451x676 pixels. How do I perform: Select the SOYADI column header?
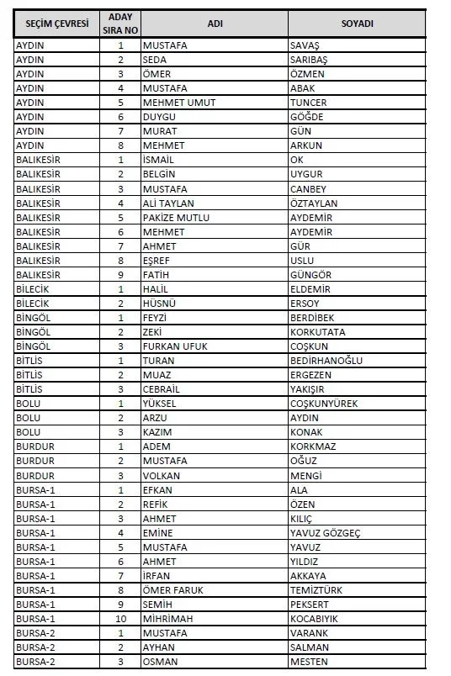click(x=357, y=24)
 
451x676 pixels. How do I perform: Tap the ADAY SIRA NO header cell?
click(x=120, y=24)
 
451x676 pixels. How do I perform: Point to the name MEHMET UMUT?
click(x=178, y=103)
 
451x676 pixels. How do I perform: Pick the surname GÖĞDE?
click(x=305, y=117)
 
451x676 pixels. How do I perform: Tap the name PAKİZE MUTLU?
click(x=176, y=218)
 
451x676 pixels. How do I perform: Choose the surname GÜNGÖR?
click(x=310, y=275)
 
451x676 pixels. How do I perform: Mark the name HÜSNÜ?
click(x=160, y=304)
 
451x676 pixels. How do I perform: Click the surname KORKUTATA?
click(x=316, y=332)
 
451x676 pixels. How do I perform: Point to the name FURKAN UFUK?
click(x=175, y=346)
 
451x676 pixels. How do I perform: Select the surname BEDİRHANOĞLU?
click(x=326, y=361)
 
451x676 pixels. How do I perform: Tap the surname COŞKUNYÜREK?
click(x=323, y=404)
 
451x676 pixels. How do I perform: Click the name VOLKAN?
click(x=162, y=475)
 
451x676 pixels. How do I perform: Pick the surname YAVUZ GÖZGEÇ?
click(x=325, y=533)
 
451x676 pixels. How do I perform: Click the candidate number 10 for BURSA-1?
click(x=120, y=619)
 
